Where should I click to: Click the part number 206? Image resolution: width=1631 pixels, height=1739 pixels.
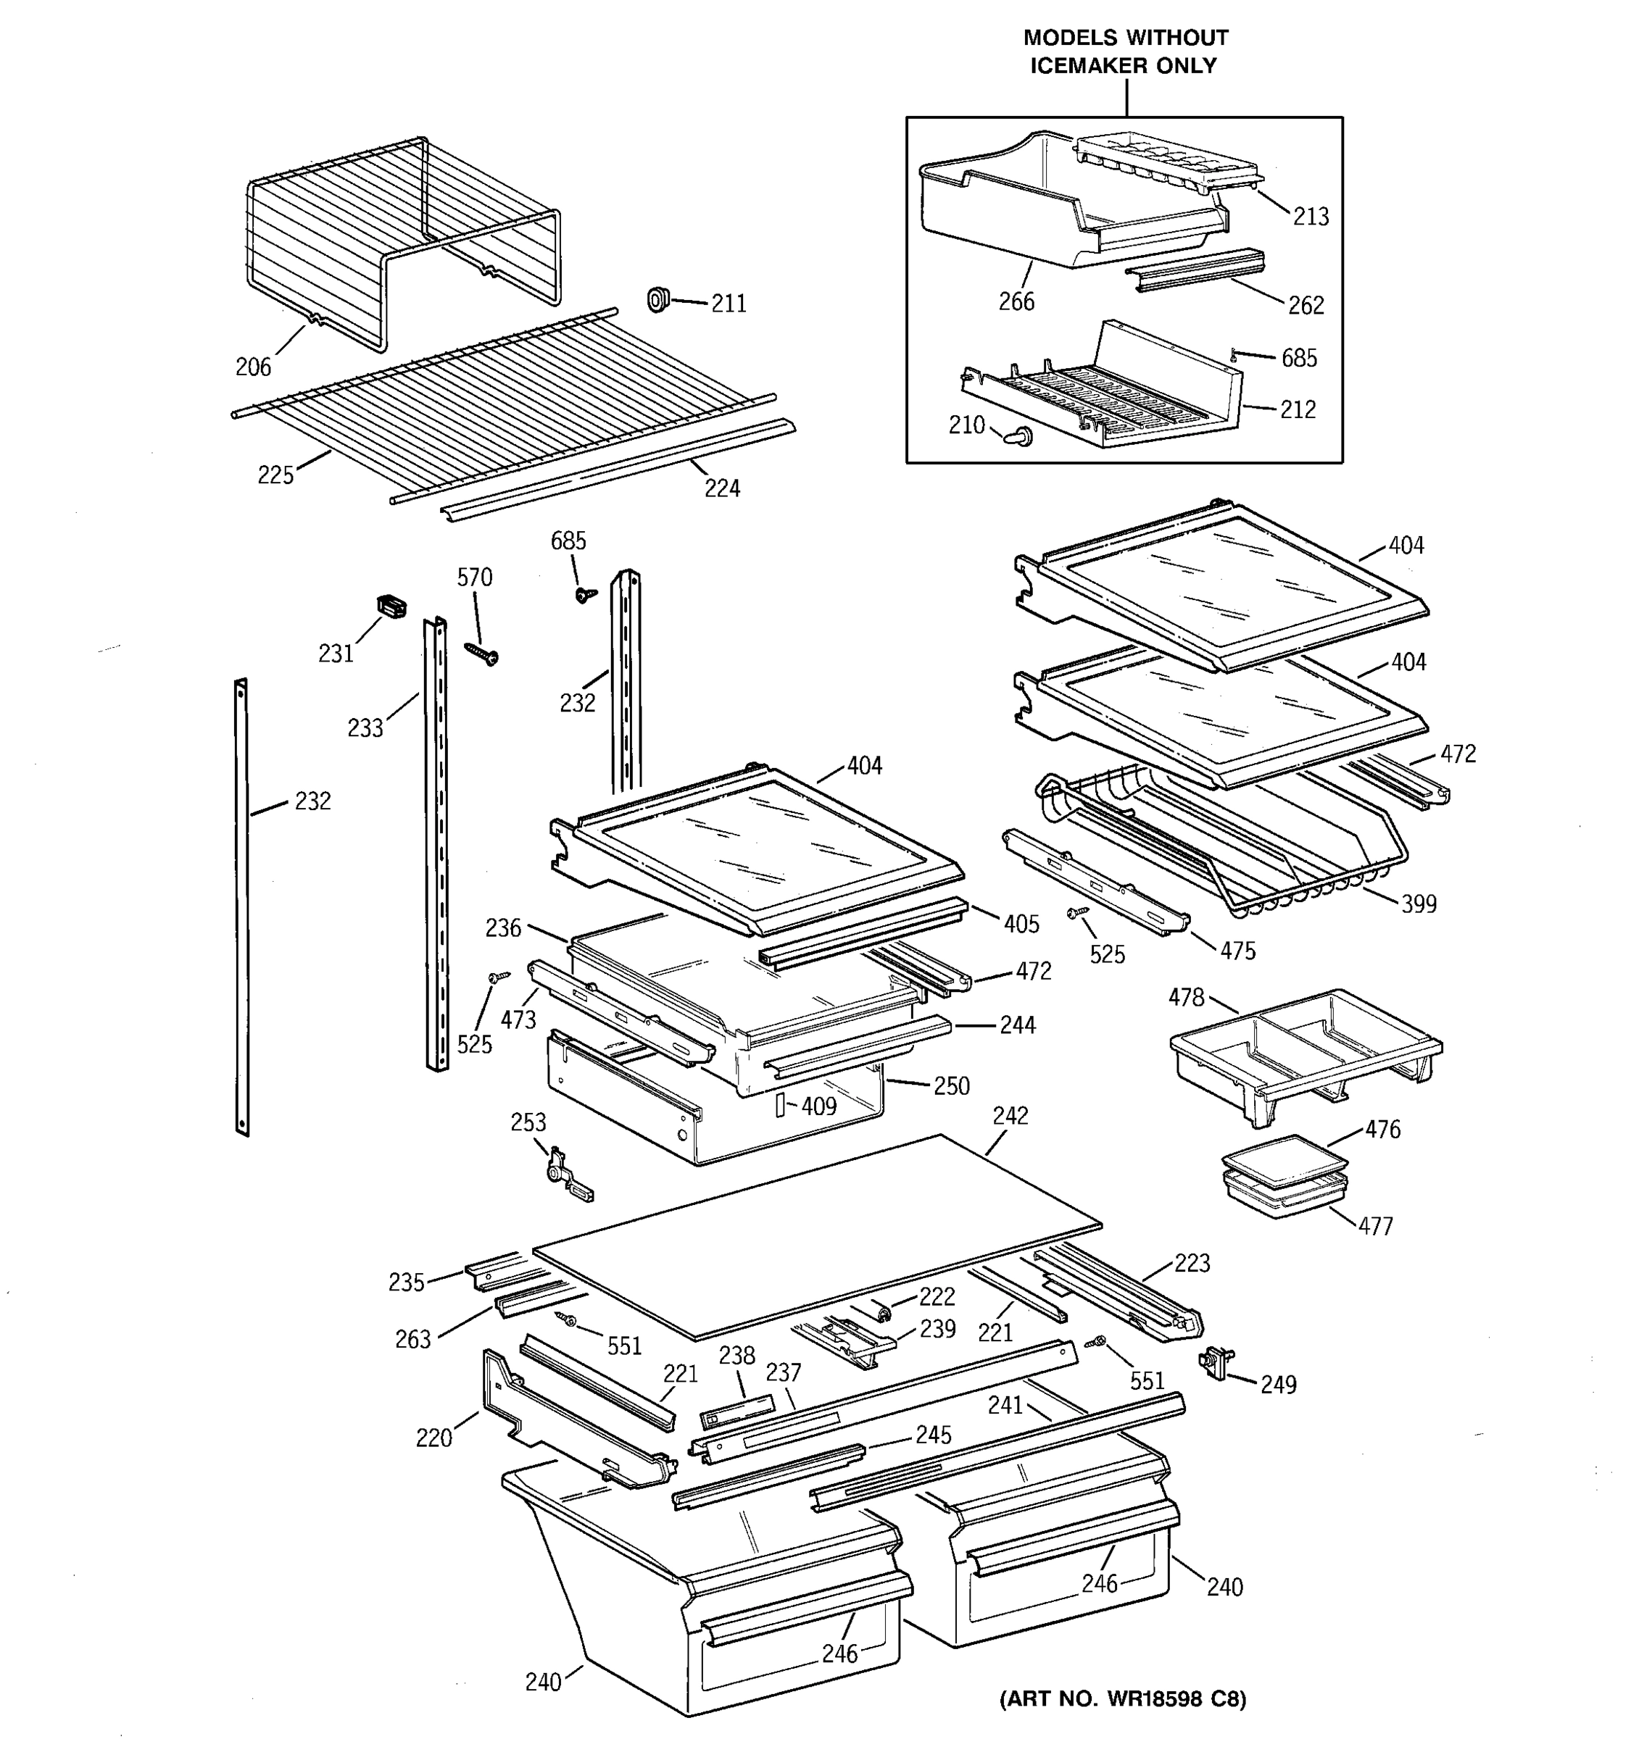253,367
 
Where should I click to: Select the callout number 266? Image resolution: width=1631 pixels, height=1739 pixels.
1016,301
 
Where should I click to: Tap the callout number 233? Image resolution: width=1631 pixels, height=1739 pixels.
365,727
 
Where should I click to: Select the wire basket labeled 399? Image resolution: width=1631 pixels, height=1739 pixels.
1225,840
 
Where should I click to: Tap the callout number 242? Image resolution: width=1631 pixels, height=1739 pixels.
1010,1115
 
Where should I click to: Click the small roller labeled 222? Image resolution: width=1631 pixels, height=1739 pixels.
882,1310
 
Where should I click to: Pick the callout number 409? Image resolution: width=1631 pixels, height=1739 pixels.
818,1106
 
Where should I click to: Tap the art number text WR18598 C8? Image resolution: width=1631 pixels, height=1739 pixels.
1159,1698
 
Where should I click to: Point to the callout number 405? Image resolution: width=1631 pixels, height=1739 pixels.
1021,924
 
